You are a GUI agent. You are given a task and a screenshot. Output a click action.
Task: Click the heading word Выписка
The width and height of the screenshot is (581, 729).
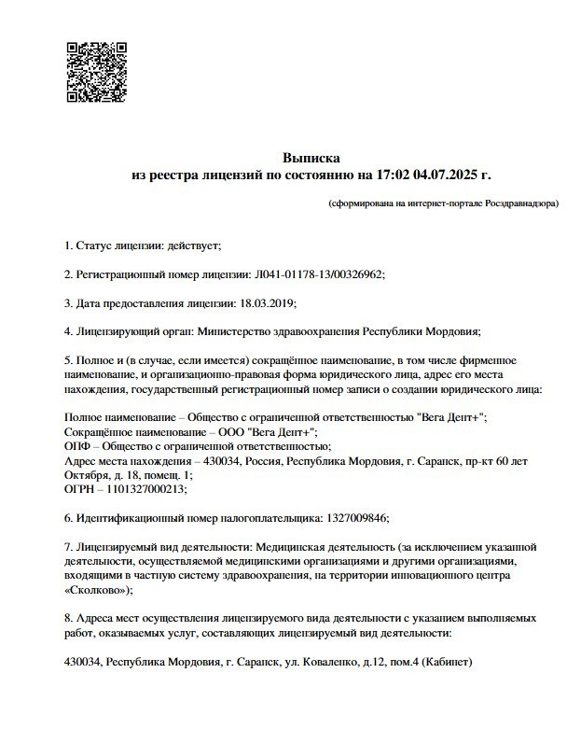311,158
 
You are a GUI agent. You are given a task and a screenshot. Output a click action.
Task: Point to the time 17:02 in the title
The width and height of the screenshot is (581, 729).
391,175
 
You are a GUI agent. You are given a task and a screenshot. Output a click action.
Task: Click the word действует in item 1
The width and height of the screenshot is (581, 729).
193,245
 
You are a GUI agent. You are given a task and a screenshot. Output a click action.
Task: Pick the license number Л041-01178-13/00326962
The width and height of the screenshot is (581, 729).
318,274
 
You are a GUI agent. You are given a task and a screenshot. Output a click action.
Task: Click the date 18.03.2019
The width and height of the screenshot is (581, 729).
268,303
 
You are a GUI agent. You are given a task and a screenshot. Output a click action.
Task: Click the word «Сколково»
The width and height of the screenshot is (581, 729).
96,590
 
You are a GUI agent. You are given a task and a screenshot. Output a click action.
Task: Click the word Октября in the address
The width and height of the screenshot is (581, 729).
85,474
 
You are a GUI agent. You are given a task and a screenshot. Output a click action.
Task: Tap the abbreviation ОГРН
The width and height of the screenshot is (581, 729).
80,488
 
